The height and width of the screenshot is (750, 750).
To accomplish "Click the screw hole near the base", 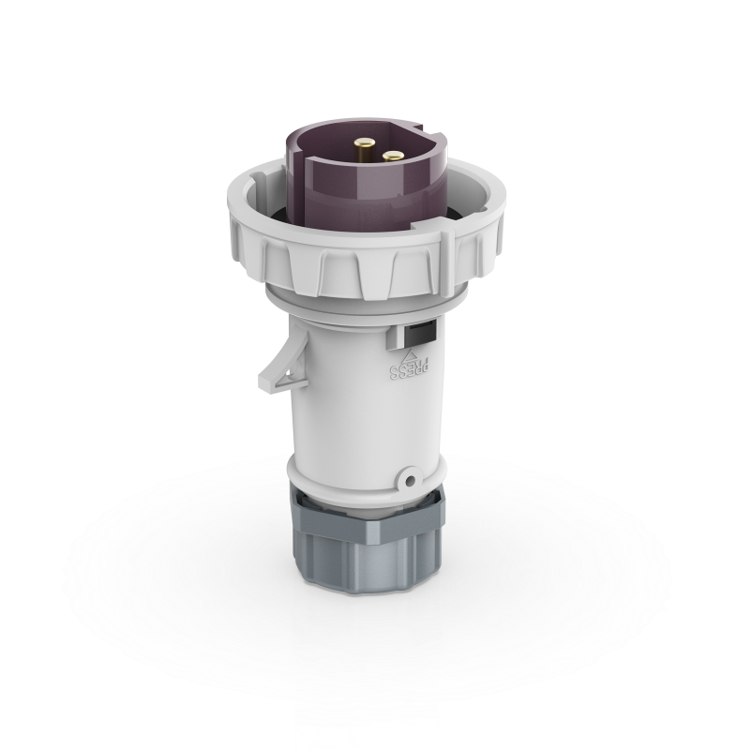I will [410, 480].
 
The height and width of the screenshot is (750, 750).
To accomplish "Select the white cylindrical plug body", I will [366, 403].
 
